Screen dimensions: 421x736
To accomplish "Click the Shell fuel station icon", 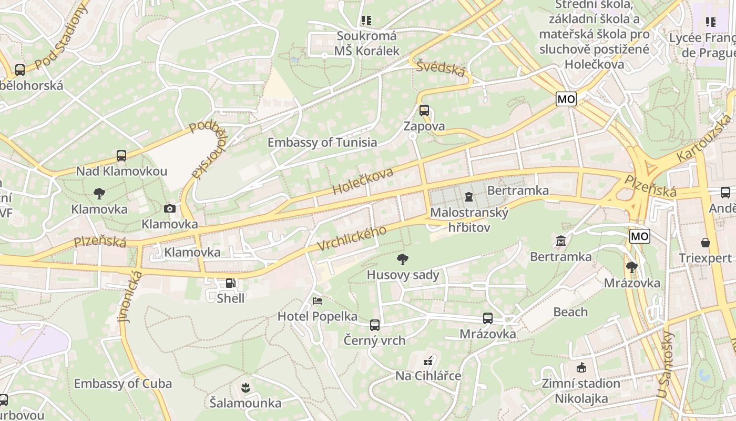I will (x=230, y=283).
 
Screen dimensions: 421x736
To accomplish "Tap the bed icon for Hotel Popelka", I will (x=318, y=301).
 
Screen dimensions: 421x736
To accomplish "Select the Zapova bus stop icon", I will (x=424, y=111).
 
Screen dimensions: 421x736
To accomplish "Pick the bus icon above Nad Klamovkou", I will (x=121, y=156).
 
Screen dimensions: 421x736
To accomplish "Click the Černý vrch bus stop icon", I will (x=374, y=325).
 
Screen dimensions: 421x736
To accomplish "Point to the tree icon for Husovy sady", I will (x=403, y=259).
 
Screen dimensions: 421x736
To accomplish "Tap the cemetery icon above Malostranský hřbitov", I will (x=468, y=197).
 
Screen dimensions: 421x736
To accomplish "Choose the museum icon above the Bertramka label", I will (x=561, y=241).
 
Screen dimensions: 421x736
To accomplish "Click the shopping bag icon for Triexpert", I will (x=705, y=243).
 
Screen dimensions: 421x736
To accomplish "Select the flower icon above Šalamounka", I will (x=245, y=388).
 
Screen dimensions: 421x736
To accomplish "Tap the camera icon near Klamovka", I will (x=169, y=208).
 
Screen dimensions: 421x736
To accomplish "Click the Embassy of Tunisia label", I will (x=322, y=143).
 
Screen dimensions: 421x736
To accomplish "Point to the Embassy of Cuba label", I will (x=122, y=384).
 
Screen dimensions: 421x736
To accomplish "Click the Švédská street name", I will (x=441, y=68).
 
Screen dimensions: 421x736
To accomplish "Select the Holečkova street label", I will (x=363, y=182).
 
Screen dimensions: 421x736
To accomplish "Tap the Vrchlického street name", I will (x=352, y=238).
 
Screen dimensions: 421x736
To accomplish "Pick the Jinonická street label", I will (x=129, y=296).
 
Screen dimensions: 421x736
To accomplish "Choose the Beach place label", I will (x=570, y=312).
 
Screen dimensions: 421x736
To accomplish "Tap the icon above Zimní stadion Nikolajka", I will (x=581, y=368).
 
